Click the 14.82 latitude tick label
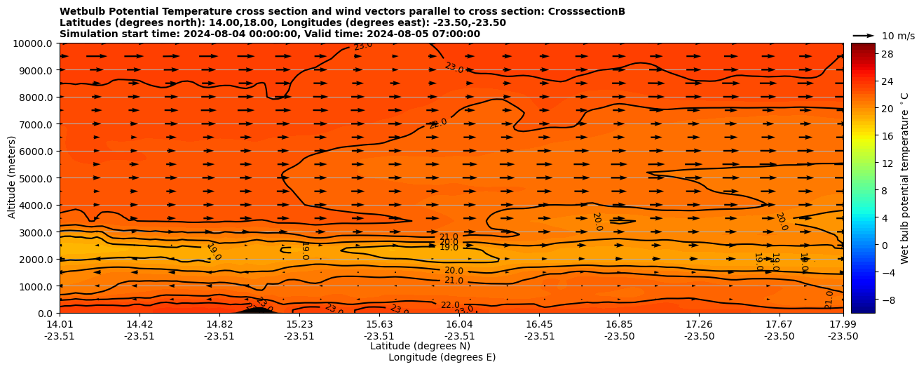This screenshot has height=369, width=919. [219, 324]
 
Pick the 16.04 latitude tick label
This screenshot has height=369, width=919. [459, 324]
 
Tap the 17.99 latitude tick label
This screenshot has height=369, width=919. [843, 324]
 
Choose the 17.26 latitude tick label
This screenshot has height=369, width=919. [699, 324]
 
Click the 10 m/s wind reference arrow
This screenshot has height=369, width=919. [864, 35]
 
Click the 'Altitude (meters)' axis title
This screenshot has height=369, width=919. [12, 178]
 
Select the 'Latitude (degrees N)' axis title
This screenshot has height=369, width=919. [420, 346]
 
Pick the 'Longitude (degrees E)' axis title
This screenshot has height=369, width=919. [442, 357]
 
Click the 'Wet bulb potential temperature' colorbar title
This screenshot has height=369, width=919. [904, 178]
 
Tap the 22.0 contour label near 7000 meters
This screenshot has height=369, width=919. [437, 124]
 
